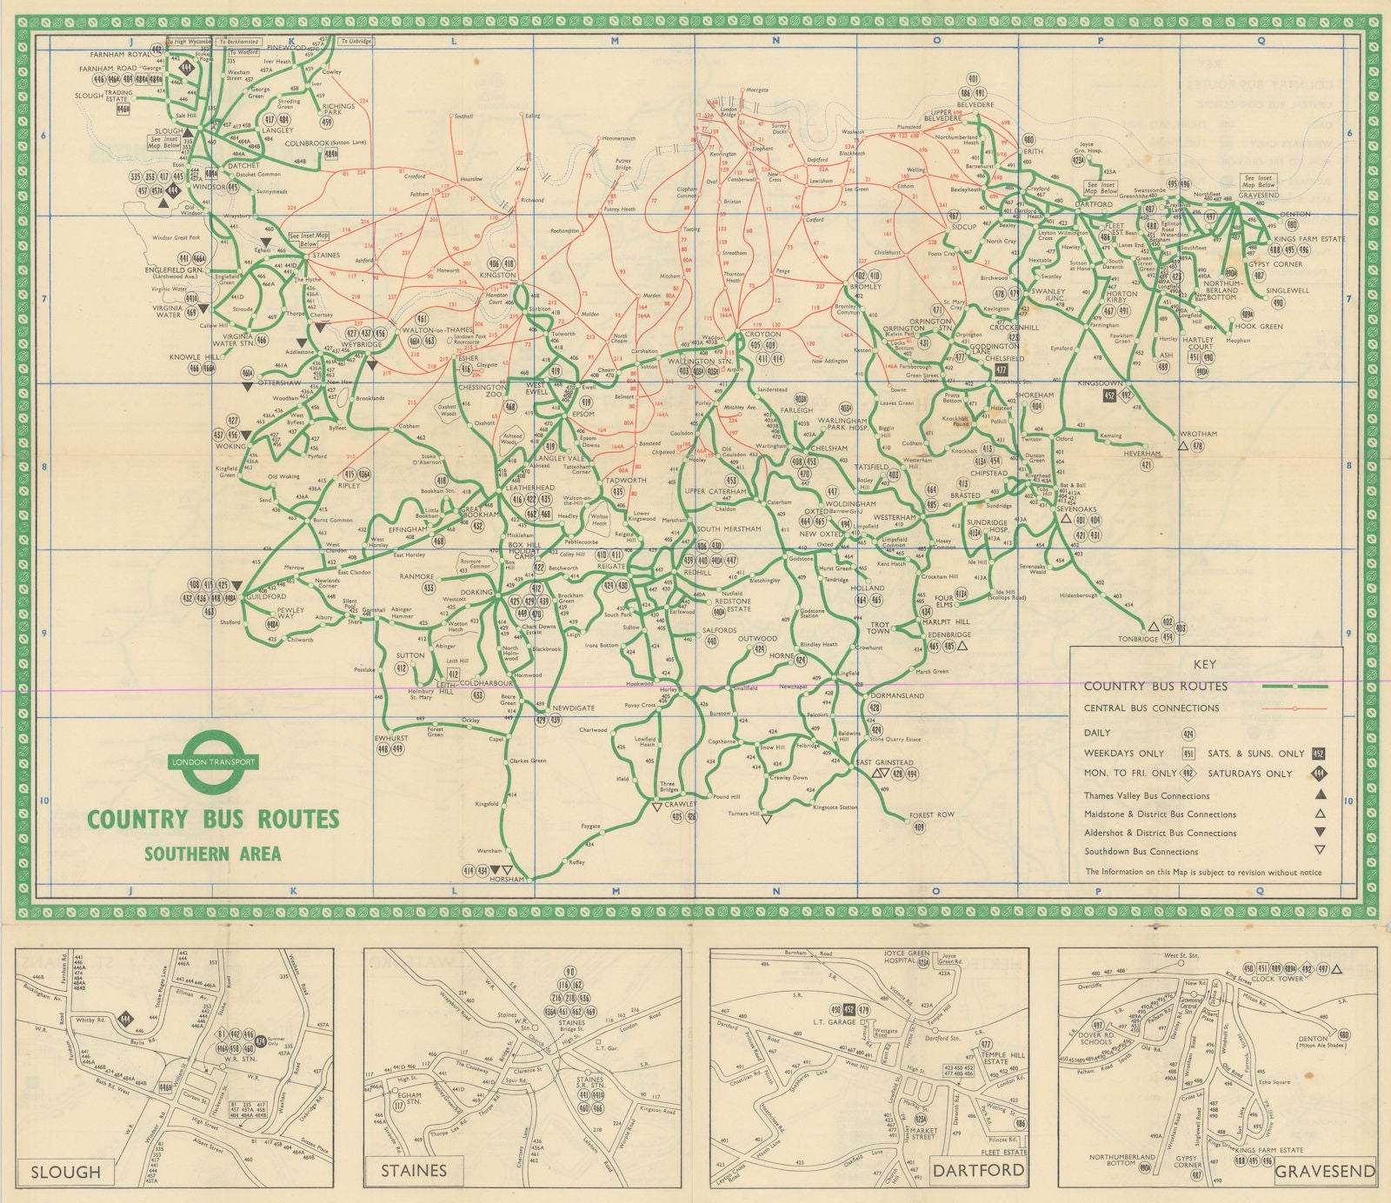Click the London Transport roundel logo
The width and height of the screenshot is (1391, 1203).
click(x=213, y=762)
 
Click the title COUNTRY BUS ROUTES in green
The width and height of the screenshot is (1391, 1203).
click(x=213, y=819)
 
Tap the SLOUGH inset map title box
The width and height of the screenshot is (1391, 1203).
click(x=66, y=1171)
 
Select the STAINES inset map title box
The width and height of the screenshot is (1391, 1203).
click(x=414, y=1171)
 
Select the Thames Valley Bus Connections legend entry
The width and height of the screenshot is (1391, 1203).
click(x=1146, y=795)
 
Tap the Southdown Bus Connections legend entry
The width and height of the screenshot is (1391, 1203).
click(x=1141, y=851)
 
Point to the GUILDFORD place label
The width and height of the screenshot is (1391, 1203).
click(x=265, y=597)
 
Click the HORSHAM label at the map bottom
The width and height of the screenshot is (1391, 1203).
click(x=507, y=879)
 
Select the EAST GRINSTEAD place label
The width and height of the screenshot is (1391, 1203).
click(x=884, y=762)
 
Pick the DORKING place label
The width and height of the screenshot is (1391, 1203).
click(x=476, y=592)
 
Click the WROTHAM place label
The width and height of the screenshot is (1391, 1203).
click(x=1198, y=434)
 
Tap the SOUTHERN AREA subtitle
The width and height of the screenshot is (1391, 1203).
click(x=213, y=853)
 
